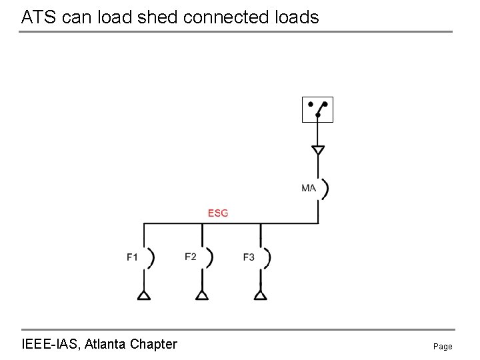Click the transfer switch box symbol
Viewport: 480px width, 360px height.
pos(317,109)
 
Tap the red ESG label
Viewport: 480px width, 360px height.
pos(218,213)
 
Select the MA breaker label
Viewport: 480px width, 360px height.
pos(309,188)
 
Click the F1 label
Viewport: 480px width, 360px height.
pos(132,257)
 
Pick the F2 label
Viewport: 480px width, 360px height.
pos(191,257)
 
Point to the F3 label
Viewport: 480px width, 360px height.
pos(249,257)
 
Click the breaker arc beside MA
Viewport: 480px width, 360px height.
pos(326,189)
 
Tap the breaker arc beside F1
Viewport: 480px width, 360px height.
pos(152,258)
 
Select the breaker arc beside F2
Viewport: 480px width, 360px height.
pos(210,258)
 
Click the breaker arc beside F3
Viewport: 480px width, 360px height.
pos(269,258)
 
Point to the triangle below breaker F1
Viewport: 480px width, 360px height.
pos(144,295)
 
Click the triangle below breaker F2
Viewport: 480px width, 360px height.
pos(202,295)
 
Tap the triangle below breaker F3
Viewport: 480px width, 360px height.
pos(261,295)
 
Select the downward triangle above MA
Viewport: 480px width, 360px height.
pos(318,150)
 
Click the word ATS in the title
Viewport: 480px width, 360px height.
pos(39,17)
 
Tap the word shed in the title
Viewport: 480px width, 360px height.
pos(157,17)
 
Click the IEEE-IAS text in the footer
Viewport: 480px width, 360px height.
pos(51,344)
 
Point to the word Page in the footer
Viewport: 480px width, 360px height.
pos(443,347)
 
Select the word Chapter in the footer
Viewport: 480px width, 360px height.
pos(154,345)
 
